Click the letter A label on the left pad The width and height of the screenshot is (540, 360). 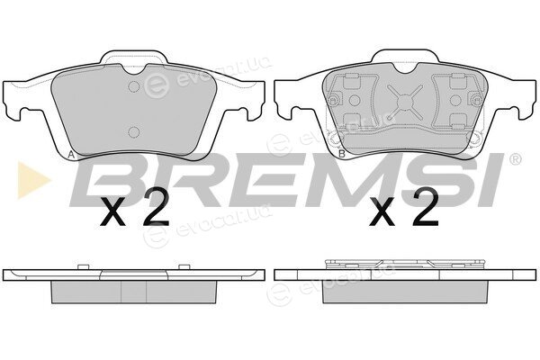[71, 155]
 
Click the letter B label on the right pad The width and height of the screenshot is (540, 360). [342, 154]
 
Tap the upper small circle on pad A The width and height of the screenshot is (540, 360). [134, 86]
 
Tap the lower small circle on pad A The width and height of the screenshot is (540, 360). [134, 132]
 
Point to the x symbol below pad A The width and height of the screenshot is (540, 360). [112, 213]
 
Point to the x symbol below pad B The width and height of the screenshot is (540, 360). [382, 213]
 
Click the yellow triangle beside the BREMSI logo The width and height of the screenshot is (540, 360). [31, 180]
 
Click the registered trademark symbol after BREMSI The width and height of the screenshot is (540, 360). [515, 158]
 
